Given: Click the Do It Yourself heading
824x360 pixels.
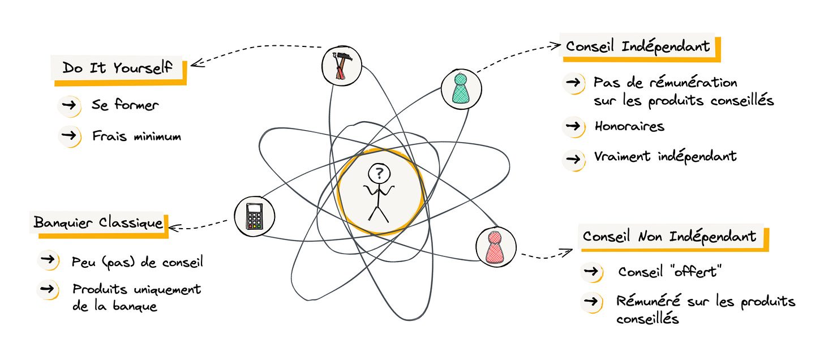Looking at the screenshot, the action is tap(118, 68).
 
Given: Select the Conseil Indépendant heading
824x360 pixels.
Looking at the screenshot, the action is tap(637, 46).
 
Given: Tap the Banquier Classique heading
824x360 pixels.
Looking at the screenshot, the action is tap(98, 222).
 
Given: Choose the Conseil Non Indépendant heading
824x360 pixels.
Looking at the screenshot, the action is tap(669, 236).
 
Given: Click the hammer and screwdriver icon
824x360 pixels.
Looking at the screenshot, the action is tap(342, 66).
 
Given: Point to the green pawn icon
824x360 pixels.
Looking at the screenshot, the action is tap(461, 88).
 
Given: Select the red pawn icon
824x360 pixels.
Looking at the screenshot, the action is tap(495, 246).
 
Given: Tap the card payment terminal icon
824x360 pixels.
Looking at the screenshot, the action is tap(255, 216).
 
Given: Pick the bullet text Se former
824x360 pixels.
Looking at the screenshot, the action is tap(125, 105).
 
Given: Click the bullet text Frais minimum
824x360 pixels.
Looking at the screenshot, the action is tap(136, 136).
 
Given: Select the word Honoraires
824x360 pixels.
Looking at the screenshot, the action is tap(629, 126).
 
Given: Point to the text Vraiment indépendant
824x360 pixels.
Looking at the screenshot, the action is tap(665, 156).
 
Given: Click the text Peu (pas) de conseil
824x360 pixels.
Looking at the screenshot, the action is tap(138, 262).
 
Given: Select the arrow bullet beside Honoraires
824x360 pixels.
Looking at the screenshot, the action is tap(573, 126).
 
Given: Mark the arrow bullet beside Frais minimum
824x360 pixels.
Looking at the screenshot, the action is tap(69, 136).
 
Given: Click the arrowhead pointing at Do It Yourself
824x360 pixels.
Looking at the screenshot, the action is tap(194, 62).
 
